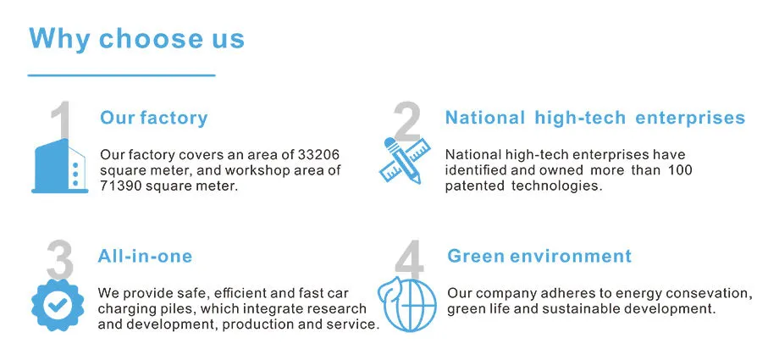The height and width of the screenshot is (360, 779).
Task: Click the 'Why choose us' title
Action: pos(136,38)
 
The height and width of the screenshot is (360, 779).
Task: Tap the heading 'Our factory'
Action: pos(153,118)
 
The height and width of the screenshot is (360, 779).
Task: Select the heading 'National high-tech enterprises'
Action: pos(594,118)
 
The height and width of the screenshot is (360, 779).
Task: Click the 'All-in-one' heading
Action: pos(146,256)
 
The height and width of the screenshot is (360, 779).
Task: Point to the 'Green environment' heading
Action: pos(539,256)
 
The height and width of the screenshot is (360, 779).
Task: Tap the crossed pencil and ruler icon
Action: pos(400,161)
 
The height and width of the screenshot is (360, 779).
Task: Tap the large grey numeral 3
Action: pos(59,258)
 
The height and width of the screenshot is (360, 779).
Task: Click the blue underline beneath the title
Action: pos(122,75)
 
